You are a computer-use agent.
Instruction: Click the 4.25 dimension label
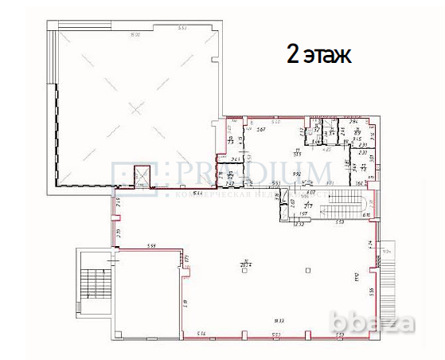pyautogui.click(x=326, y=148)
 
